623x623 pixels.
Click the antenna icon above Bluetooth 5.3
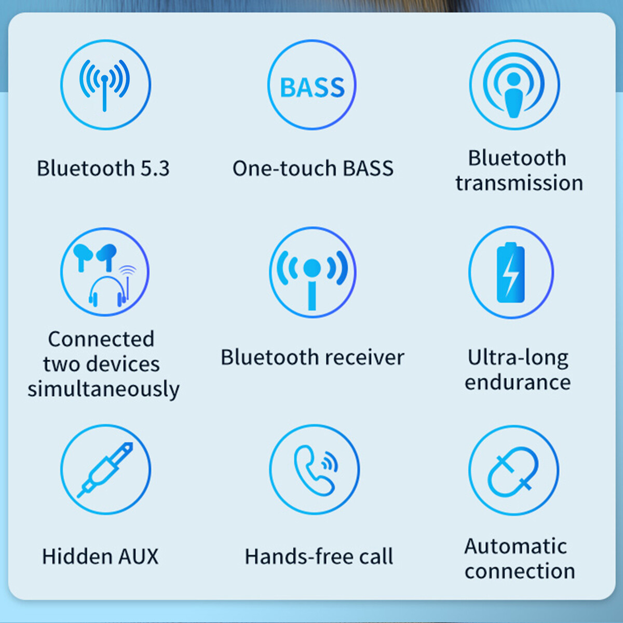[104, 85]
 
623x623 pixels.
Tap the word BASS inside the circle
[313, 87]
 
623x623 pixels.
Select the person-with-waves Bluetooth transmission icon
[513, 85]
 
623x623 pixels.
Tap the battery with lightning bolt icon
[510, 272]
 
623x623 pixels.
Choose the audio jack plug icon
[105, 470]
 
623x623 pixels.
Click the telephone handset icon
[313, 471]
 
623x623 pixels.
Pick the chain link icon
[513, 472]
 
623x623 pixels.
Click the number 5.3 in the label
[155, 168]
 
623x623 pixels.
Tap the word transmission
[519, 183]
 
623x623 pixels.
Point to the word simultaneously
[103, 389]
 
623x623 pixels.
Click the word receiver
[364, 357]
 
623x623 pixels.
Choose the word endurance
[518, 382]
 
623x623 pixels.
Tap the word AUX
[139, 557]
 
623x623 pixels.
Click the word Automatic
[516, 546]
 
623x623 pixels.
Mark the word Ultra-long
[518, 358]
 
